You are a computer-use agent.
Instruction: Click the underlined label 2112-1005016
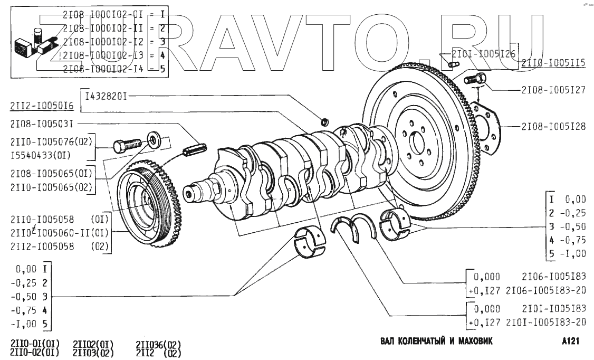coord(41,107)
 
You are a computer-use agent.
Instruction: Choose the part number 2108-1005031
coord(41,125)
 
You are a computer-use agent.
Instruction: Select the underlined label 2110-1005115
coord(553,63)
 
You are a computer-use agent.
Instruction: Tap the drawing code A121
coord(571,341)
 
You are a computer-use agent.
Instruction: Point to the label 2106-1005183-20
coord(545,290)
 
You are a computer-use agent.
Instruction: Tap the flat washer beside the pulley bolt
coord(153,140)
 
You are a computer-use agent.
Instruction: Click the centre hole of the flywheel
coord(418,143)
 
